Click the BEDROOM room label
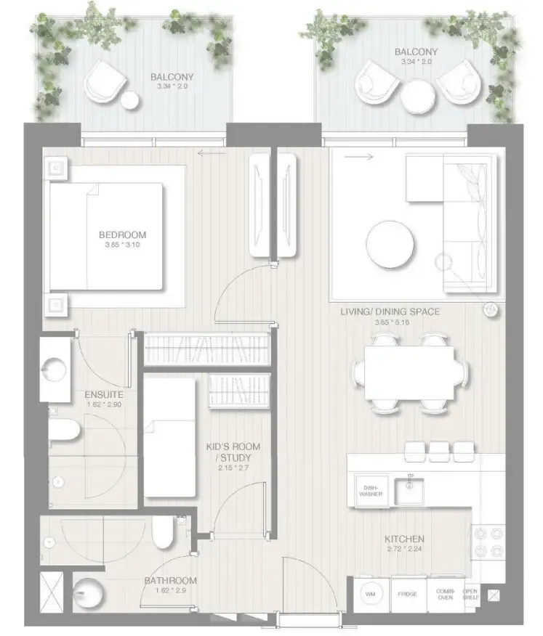pos(122,235)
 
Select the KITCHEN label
pos(404,539)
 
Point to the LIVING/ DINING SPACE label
pos(390,311)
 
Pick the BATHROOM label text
pos(170,580)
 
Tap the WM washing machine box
pos(370,595)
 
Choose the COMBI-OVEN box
pos(445,595)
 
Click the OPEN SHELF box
pos(471,595)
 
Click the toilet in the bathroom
pos(164,536)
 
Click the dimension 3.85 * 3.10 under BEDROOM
pos(122,246)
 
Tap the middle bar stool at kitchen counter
pos(439,451)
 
